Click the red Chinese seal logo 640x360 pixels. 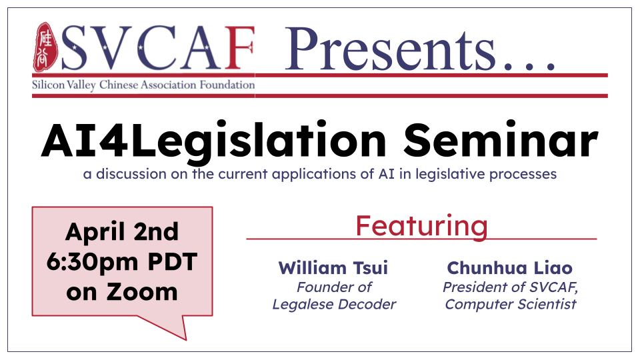tap(45, 47)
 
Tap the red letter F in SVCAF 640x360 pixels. tap(239, 48)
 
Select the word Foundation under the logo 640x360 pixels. tap(227, 85)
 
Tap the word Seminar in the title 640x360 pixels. tap(501, 139)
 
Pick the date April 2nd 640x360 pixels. tap(122, 232)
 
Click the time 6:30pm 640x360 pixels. tap(92, 262)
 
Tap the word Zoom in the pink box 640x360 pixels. tap(142, 292)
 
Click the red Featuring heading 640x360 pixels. tap(421, 226)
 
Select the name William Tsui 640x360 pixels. tap(333, 268)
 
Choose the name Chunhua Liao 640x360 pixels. tap(510, 268)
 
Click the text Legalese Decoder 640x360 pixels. tap(334, 305)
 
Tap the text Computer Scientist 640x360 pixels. tap(511, 305)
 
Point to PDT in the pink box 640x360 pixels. tap(173, 261)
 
